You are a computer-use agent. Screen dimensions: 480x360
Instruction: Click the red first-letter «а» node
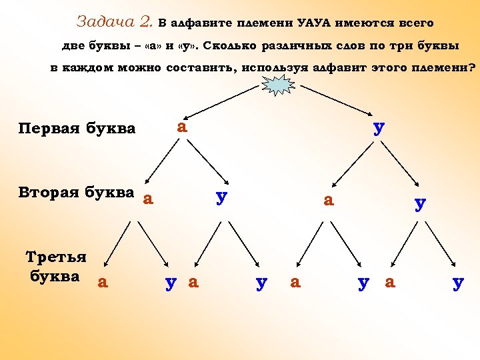(x=181, y=125)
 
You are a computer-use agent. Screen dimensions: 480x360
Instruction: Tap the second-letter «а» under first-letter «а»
(x=148, y=198)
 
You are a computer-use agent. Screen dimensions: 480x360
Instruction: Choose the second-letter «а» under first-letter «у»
(x=328, y=199)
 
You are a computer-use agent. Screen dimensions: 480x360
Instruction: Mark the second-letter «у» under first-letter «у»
(x=419, y=203)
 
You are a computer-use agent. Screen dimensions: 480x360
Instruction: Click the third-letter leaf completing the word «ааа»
(x=102, y=282)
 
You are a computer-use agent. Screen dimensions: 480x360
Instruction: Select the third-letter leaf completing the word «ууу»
(x=457, y=283)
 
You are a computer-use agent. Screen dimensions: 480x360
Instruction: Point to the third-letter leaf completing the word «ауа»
(x=194, y=282)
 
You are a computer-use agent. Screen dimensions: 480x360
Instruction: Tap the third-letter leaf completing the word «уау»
(x=363, y=283)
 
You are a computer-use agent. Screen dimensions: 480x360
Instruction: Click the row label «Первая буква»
(x=77, y=128)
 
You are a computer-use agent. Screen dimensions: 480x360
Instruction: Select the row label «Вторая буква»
(x=77, y=193)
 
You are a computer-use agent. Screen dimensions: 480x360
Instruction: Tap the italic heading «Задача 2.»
(x=115, y=22)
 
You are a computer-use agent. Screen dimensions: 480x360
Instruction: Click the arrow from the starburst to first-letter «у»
(x=330, y=101)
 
